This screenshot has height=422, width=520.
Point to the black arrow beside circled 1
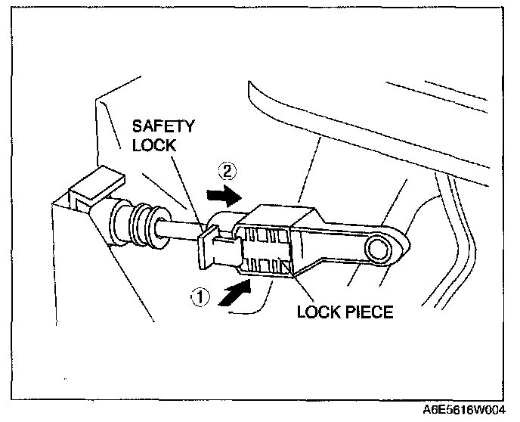pyautogui.click(x=235, y=290)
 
